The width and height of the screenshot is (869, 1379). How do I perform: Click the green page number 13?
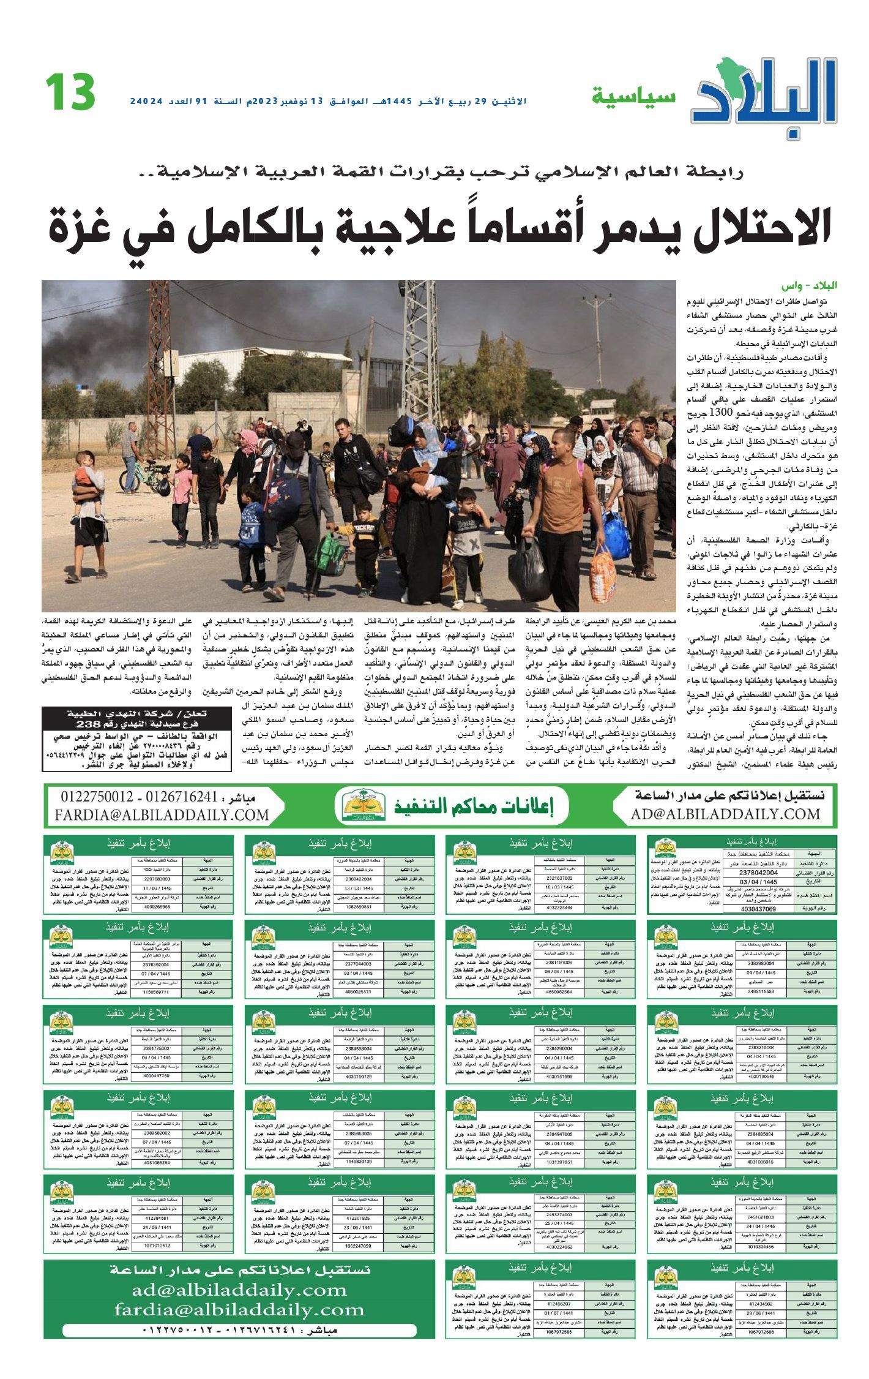pyautogui.click(x=70, y=92)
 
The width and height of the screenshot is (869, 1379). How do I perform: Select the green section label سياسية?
pyautogui.click(x=633, y=96)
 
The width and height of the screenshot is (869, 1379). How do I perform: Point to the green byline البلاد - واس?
pyautogui.click(x=810, y=287)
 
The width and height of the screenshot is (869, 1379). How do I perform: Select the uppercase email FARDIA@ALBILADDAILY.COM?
pyautogui.click(x=162, y=815)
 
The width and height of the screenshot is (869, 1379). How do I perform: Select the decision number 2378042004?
pyautogui.click(x=758, y=873)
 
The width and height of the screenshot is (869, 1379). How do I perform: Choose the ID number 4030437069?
pyautogui.click(x=758, y=909)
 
